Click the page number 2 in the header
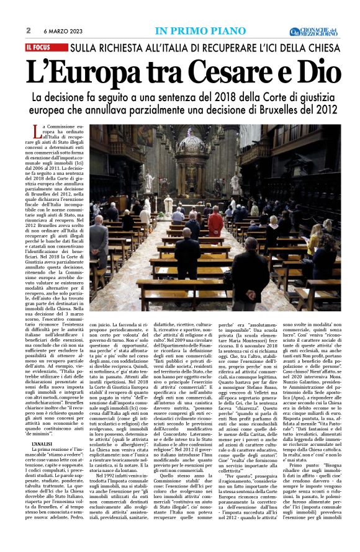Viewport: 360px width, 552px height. point(29,30)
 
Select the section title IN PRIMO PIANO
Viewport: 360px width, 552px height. point(195,31)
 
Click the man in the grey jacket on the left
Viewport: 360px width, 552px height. point(99,242)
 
